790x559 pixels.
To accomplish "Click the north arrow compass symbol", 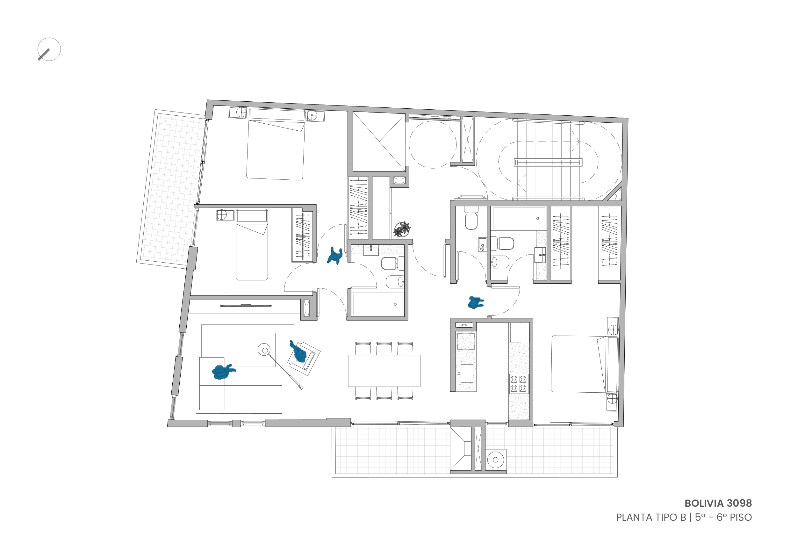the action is (49, 49).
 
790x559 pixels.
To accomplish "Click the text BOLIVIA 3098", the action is (718, 503).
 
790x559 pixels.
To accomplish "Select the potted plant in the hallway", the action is (402, 229).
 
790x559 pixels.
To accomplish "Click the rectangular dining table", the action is (384, 371).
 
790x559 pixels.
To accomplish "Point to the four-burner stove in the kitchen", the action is (519, 384).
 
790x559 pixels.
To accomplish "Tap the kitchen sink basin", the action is (467, 374).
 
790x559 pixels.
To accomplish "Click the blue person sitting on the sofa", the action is (223, 372).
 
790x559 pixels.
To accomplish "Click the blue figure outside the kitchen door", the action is (475, 302).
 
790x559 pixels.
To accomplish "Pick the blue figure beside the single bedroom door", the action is (335, 256).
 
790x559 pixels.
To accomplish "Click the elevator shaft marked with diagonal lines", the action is (379, 142).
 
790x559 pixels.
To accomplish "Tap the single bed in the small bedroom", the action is (252, 245).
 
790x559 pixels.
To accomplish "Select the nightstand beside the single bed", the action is (225, 215).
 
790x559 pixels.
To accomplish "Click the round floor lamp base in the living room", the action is (265, 350).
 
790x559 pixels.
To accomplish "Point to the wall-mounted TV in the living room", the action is (246, 305).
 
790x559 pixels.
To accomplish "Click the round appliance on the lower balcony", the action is (495, 460).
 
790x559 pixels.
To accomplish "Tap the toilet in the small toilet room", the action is (471, 218).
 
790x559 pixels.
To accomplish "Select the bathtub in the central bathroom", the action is (378, 305).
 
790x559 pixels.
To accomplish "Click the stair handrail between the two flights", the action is (548, 163).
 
